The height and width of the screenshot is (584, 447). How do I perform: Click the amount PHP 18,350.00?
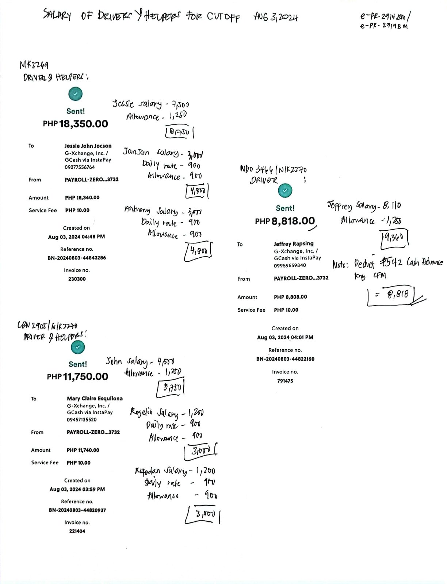click(x=76, y=124)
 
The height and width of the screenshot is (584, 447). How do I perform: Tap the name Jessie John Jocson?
click(x=88, y=146)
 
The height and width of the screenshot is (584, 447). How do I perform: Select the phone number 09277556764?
click(x=80, y=167)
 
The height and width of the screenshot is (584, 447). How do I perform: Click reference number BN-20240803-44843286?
click(x=77, y=258)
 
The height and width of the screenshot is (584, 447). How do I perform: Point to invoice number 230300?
click(x=77, y=279)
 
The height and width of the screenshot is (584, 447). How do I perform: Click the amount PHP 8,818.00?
click(x=285, y=221)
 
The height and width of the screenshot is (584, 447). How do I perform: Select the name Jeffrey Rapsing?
click(x=294, y=243)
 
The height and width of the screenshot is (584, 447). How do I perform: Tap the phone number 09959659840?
click(x=290, y=265)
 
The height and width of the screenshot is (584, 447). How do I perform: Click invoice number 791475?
click(x=285, y=381)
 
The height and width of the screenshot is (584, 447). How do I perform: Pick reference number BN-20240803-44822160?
click(x=285, y=359)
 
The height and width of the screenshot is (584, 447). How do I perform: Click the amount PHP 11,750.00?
click(x=77, y=377)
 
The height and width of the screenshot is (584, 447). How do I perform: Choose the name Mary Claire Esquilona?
click(x=95, y=398)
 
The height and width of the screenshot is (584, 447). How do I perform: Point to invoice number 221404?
click(x=77, y=531)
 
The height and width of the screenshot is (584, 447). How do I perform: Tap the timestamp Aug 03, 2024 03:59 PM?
click(x=77, y=489)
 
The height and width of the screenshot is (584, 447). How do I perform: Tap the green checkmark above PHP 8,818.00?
click(x=285, y=190)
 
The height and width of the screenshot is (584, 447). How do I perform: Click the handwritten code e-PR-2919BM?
click(x=383, y=26)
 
